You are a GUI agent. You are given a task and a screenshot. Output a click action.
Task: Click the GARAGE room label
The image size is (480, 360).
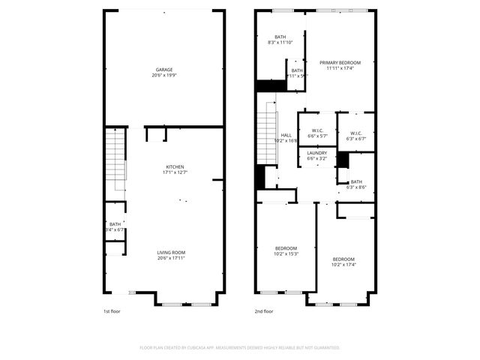(163, 70)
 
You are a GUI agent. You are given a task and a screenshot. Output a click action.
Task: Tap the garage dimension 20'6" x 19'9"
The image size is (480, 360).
(163, 75)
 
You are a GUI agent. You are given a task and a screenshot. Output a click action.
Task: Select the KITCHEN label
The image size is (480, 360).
(175, 166)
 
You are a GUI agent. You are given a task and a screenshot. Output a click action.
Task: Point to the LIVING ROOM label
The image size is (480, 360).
(170, 252)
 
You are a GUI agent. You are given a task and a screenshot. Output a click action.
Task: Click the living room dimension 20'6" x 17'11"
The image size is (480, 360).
(170, 258)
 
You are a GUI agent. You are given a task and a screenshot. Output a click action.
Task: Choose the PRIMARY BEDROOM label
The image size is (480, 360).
(340, 62)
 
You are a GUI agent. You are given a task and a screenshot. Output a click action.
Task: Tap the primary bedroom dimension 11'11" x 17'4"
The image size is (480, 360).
(340, 68)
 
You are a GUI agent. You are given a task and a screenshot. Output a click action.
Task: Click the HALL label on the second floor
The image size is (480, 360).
(286, 135)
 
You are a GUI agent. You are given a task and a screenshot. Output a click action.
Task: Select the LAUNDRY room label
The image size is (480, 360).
(316, 153)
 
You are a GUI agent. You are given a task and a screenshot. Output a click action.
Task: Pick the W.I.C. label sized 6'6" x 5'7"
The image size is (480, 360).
(317, 130)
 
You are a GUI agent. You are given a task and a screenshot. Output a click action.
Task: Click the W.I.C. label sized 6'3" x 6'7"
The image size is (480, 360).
(355, 133)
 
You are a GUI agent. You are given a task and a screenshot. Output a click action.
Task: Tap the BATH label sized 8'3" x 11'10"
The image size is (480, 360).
(280, 37)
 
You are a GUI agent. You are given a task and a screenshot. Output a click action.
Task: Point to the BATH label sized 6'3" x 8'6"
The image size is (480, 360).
(356, 181)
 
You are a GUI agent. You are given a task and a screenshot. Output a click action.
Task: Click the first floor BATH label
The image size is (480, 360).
(115, 224)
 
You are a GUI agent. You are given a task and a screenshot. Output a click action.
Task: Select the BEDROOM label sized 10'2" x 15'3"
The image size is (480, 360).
(285, 248)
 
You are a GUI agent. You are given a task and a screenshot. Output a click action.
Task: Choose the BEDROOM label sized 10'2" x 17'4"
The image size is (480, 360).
(343, 259)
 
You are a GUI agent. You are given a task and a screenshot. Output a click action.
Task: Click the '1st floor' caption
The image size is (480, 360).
(112, 310)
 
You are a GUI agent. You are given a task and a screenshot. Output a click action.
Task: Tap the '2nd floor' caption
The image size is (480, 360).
(264, 310)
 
